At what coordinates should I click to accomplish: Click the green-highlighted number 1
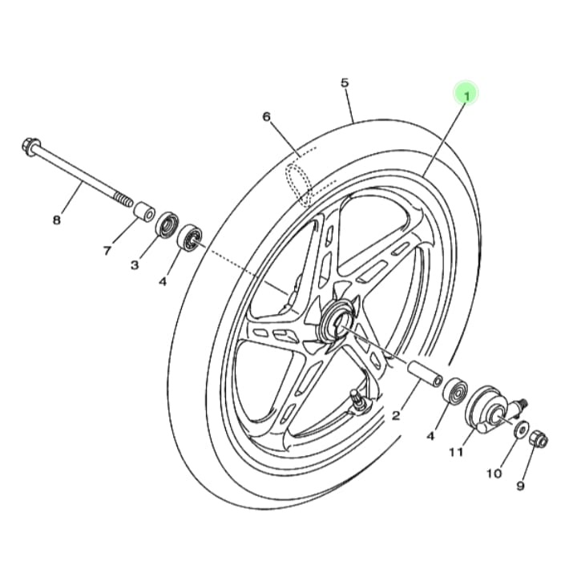466,96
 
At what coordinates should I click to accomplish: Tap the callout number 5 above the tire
345,83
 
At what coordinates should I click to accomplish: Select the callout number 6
266,117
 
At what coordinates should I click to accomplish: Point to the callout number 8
56,220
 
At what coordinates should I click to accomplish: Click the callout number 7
107,251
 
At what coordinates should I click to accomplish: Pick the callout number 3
135,264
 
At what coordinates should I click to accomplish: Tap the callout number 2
396,416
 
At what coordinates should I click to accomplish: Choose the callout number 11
456,452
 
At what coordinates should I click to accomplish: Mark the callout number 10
494,474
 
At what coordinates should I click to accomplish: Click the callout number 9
520,486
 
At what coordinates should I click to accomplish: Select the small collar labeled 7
143,212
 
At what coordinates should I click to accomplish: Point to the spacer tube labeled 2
424,374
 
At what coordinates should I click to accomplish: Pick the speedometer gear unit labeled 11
490,409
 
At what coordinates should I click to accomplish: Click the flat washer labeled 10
521,429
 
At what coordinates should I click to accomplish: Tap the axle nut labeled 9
539,438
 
